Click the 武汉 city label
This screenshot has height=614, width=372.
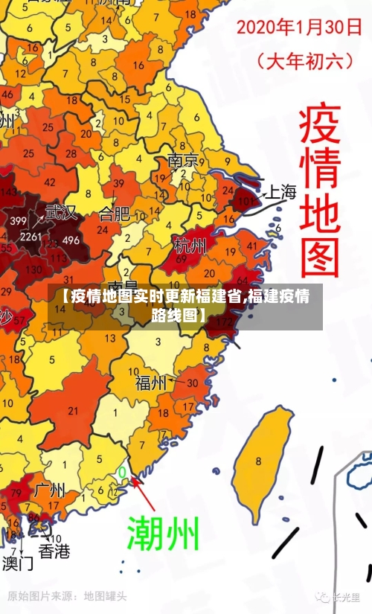point(61,212)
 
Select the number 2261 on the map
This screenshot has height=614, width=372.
point(31,237)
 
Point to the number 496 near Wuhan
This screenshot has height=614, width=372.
point(71,240)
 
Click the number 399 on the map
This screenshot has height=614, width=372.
point(19,221)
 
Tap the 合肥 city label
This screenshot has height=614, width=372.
point(114,215)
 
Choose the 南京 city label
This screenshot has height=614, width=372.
point(183,160)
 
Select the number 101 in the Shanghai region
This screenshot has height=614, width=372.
point(246,200)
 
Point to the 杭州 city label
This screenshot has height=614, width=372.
point(190,245)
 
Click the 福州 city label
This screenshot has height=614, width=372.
point(151,383)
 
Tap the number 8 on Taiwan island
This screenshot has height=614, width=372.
point(258,461)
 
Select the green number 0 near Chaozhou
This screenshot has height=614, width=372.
point(122,472)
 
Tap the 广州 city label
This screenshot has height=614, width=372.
point(50,490)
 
